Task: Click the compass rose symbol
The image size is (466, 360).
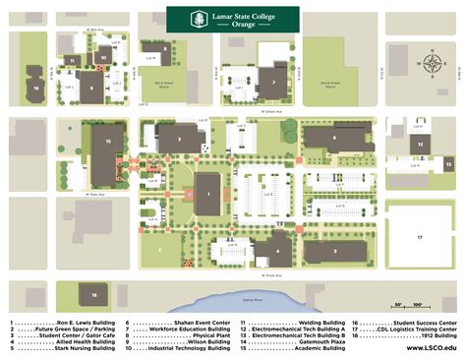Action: click(432, 65)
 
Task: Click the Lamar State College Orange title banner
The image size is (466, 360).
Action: click(232, 19)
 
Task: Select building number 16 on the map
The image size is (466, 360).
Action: click(35, 89)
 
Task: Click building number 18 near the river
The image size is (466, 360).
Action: click(93, 293)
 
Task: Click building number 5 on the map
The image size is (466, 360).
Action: click(333, 250)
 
